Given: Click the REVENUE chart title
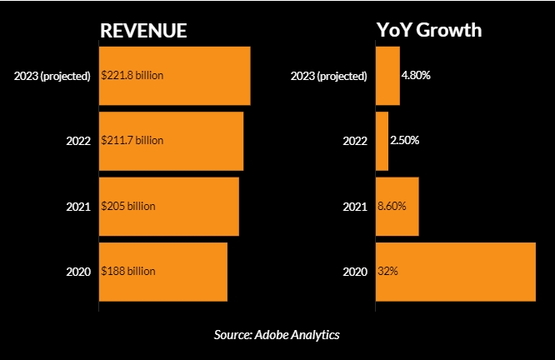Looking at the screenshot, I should pos(143,30).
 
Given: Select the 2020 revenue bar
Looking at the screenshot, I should pos(163,272).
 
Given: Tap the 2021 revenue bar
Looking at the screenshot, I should pos(169,206).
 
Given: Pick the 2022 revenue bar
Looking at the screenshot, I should pos(172,141).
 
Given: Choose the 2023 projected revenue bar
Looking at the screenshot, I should pos(175,76).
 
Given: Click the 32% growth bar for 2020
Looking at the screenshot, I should pos(456,272).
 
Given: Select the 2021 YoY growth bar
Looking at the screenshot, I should pos(397,206).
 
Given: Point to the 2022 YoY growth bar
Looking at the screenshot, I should pos(382,141).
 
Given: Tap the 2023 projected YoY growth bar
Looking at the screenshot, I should pos(388,76).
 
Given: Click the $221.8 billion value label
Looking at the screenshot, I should pos(132,76).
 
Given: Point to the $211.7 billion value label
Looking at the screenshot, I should pos(132,141).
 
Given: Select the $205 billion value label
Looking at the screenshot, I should pos(128,206).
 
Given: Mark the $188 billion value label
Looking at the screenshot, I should pos(128,272).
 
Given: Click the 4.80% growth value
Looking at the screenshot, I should pos(416,76).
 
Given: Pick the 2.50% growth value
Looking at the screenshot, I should pos(405,141).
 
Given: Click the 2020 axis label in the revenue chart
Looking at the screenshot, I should pos(78,272).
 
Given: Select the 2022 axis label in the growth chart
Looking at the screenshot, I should pos(355,141).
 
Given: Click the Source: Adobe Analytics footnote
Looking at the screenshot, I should pos(277,335).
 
